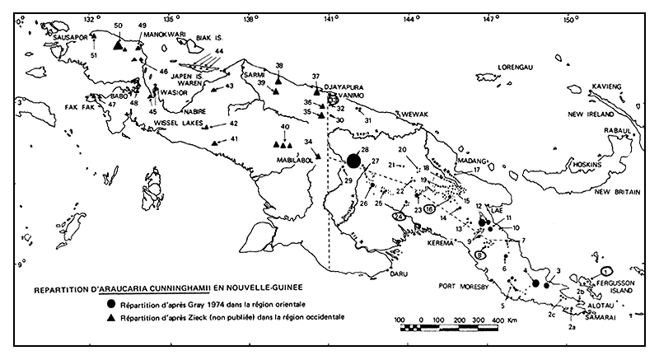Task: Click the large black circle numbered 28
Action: point(354,161)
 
